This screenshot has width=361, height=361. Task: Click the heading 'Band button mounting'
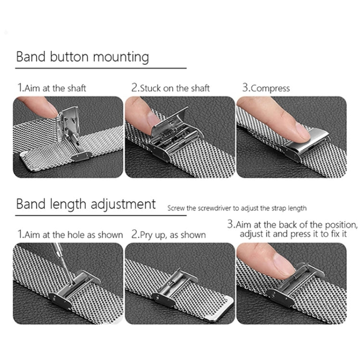click(x=82, y=57)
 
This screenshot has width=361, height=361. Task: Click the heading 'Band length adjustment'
click(x=86, y=204)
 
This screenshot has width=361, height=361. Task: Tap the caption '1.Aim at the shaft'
click(x=52, y=88)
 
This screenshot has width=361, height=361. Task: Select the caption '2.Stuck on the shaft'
click(x=170, y=88)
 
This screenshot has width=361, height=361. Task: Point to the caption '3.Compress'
click(x=266, y=88)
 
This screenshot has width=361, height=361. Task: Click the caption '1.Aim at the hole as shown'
click(x=70, y=234)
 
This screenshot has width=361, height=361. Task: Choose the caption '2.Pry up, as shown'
click(x=168, y=235)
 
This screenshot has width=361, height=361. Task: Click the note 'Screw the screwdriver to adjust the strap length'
click(x=237, y=208)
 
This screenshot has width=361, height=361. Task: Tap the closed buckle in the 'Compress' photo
click(x=303, y=144)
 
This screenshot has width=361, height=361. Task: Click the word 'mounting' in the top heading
click(x=120, y=57)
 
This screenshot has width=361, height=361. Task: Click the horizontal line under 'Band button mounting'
click(x=101, y=68)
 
